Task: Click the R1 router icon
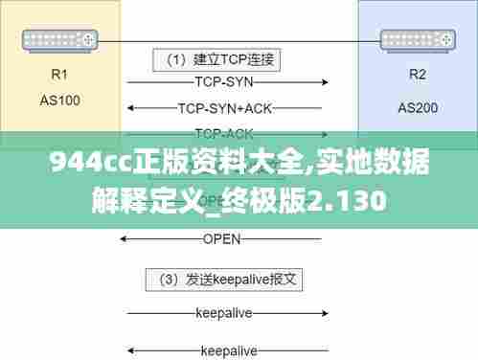tap(59, 40)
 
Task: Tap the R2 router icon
tap(418, 40)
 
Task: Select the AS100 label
tap(59, 99)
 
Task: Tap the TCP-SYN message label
tap(223, 82)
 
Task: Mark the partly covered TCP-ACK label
tap(223, 134)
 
